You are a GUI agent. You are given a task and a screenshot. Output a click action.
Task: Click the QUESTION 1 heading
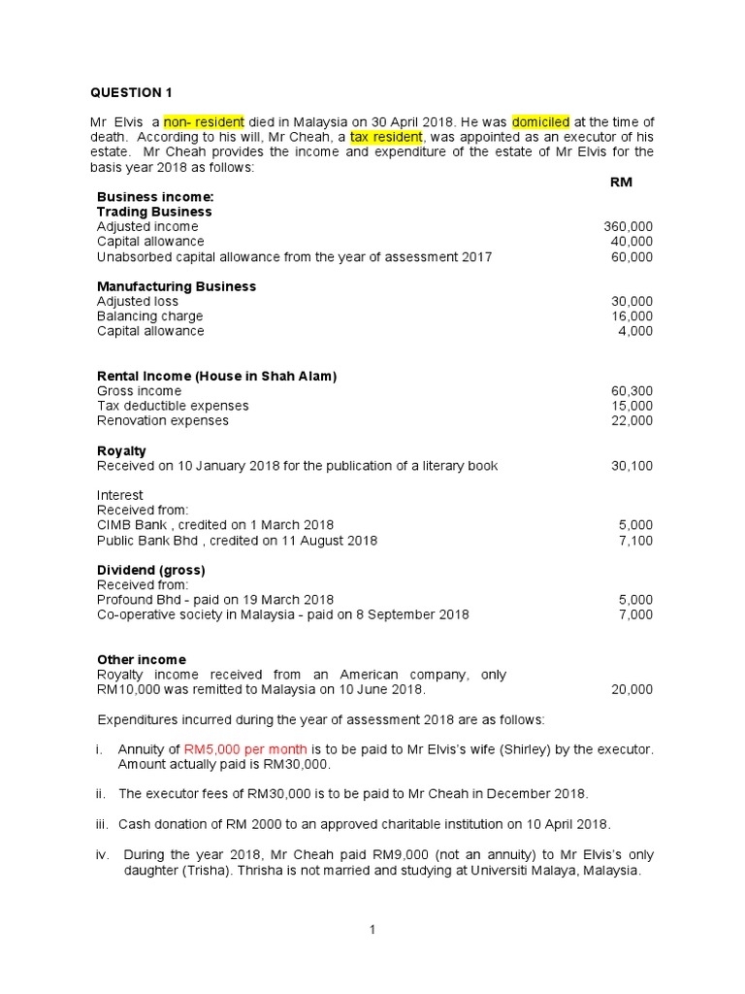[131, 93]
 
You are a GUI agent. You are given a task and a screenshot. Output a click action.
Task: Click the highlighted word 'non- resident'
[204, 121]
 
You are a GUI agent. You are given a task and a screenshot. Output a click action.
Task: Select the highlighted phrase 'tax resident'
[386, 137]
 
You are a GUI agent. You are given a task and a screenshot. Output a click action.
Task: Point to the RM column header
[621, 182]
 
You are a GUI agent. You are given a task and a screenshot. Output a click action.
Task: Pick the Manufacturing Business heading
[177, 286]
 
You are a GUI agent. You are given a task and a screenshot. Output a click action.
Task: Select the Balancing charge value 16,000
[632, 316]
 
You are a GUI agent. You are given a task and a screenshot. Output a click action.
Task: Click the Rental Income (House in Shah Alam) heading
[217, 376]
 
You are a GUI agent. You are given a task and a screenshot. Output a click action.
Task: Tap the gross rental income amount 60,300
[632, 391]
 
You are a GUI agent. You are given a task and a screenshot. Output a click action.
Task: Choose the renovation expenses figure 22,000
[632, 420]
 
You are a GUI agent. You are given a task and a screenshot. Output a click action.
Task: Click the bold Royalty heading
[121, 450]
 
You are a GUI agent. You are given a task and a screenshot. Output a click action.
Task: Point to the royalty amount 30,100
[632, 466]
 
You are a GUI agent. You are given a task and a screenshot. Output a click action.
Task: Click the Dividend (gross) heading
[151, 570]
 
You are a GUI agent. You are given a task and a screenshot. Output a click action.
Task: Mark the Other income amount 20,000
[632, 689]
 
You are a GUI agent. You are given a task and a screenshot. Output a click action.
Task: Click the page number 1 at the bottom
[372, 930]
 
